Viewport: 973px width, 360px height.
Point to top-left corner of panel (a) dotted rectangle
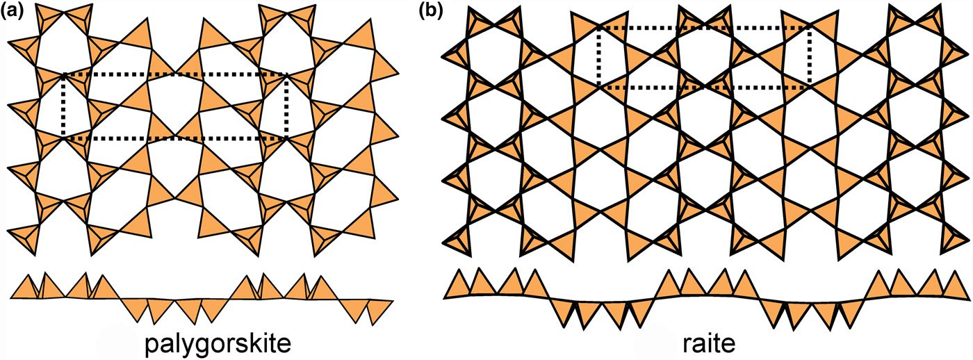click(63, 74)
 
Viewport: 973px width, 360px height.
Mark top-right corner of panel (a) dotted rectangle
click(286, 74)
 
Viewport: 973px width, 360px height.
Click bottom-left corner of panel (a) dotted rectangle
click(63, 138)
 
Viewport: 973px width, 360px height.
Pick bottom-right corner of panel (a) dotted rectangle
click(286, 138)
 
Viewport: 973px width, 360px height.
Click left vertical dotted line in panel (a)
click(63, 106)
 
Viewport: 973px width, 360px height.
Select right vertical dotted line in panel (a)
click(286, 106)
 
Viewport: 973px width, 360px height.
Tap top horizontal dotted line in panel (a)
click(174, 74)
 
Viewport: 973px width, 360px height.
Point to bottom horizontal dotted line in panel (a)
click(174, 138)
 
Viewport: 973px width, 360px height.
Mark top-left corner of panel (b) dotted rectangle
click(599, 28)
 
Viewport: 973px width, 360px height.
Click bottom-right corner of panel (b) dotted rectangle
click(810, 88)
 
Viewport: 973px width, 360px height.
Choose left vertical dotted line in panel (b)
click(599, 58)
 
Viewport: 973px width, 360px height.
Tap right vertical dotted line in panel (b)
click(810, 58)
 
